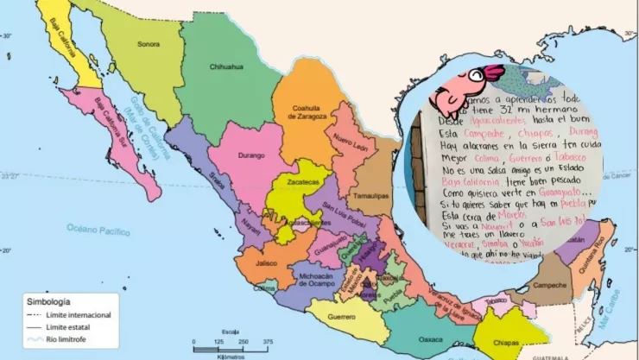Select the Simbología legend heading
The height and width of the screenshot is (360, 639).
coord(49,303)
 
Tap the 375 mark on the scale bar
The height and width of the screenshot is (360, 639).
coord(268,341)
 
